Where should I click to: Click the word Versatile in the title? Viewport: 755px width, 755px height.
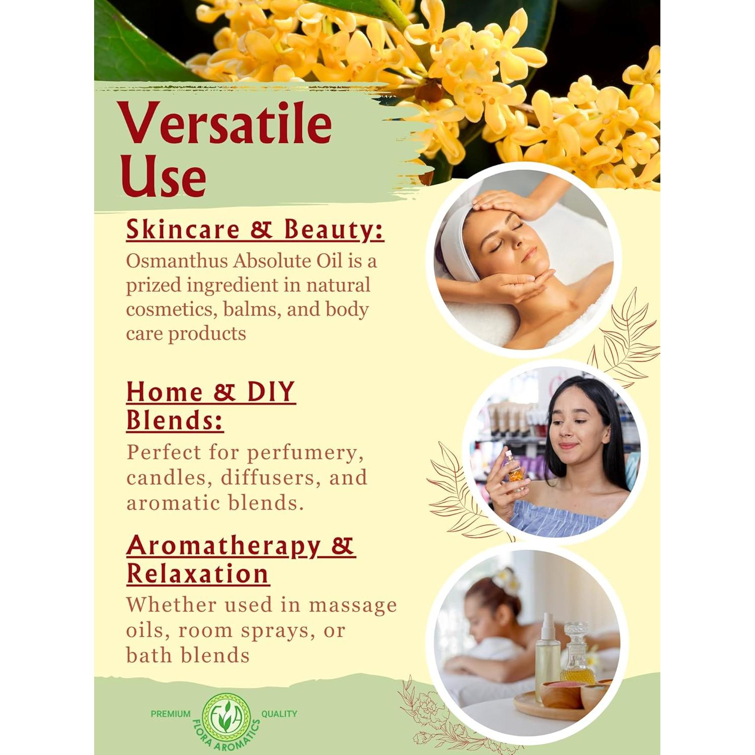(224, 124)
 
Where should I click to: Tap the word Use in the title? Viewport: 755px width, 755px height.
(163, 176)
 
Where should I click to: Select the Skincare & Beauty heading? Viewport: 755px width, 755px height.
(255, 230)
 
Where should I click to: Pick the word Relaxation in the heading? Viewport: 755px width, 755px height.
(197, 574)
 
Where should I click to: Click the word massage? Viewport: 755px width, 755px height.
(352, 605)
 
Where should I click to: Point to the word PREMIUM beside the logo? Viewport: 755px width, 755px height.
(171, 714)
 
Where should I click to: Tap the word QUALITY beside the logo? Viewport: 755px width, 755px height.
(279, 714)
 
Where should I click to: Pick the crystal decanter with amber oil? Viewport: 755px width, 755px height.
(577, 654)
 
